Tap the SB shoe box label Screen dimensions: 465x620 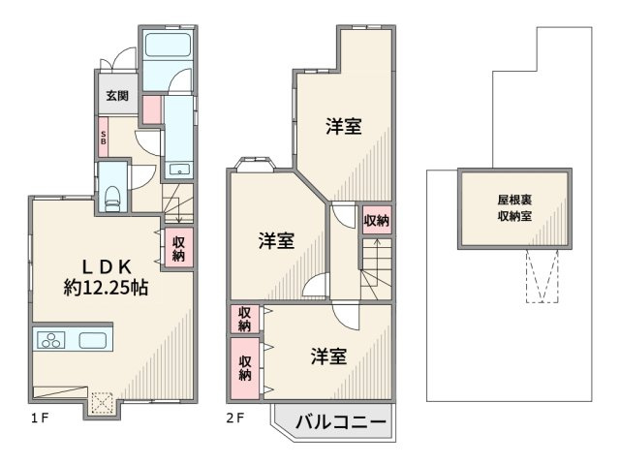(104, 137)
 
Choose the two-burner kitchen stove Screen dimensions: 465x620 (49, 340)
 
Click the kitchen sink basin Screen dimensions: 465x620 (93, 340)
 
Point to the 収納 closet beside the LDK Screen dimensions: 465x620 (179, 249)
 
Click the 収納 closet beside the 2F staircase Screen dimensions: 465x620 (377, 221)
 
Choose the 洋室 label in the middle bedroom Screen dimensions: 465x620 (276, 240)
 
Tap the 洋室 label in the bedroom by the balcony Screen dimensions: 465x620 (329, 356)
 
